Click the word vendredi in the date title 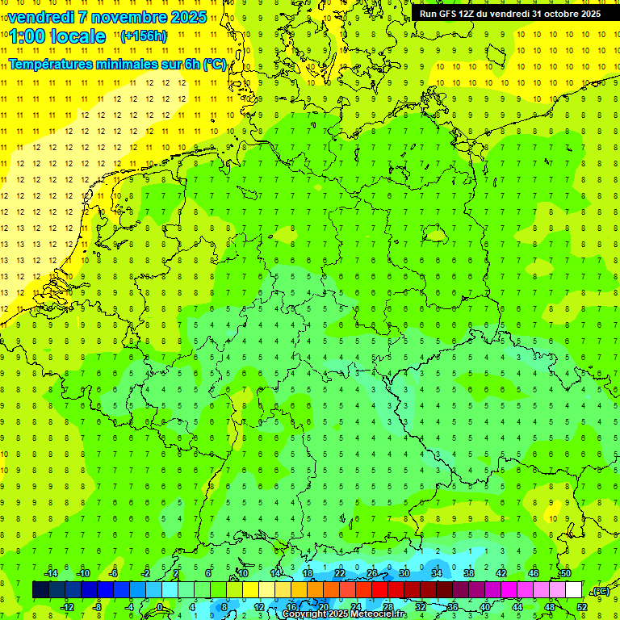click(44, 17)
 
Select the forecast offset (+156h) click(144, 36)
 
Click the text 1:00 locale click(59, 36)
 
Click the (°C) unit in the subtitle click(214, 64)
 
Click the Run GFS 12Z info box click(510, 14)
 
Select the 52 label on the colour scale click(582, 607)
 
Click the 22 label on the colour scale click(340, 573)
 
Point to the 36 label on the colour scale click(453, 607)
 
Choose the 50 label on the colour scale click(565, 573)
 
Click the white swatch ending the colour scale click(573, 590)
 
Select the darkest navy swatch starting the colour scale click(40, 590)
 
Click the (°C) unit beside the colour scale click(600, 591)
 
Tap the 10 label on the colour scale click(242, 573)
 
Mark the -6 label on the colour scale click(114, 573)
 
